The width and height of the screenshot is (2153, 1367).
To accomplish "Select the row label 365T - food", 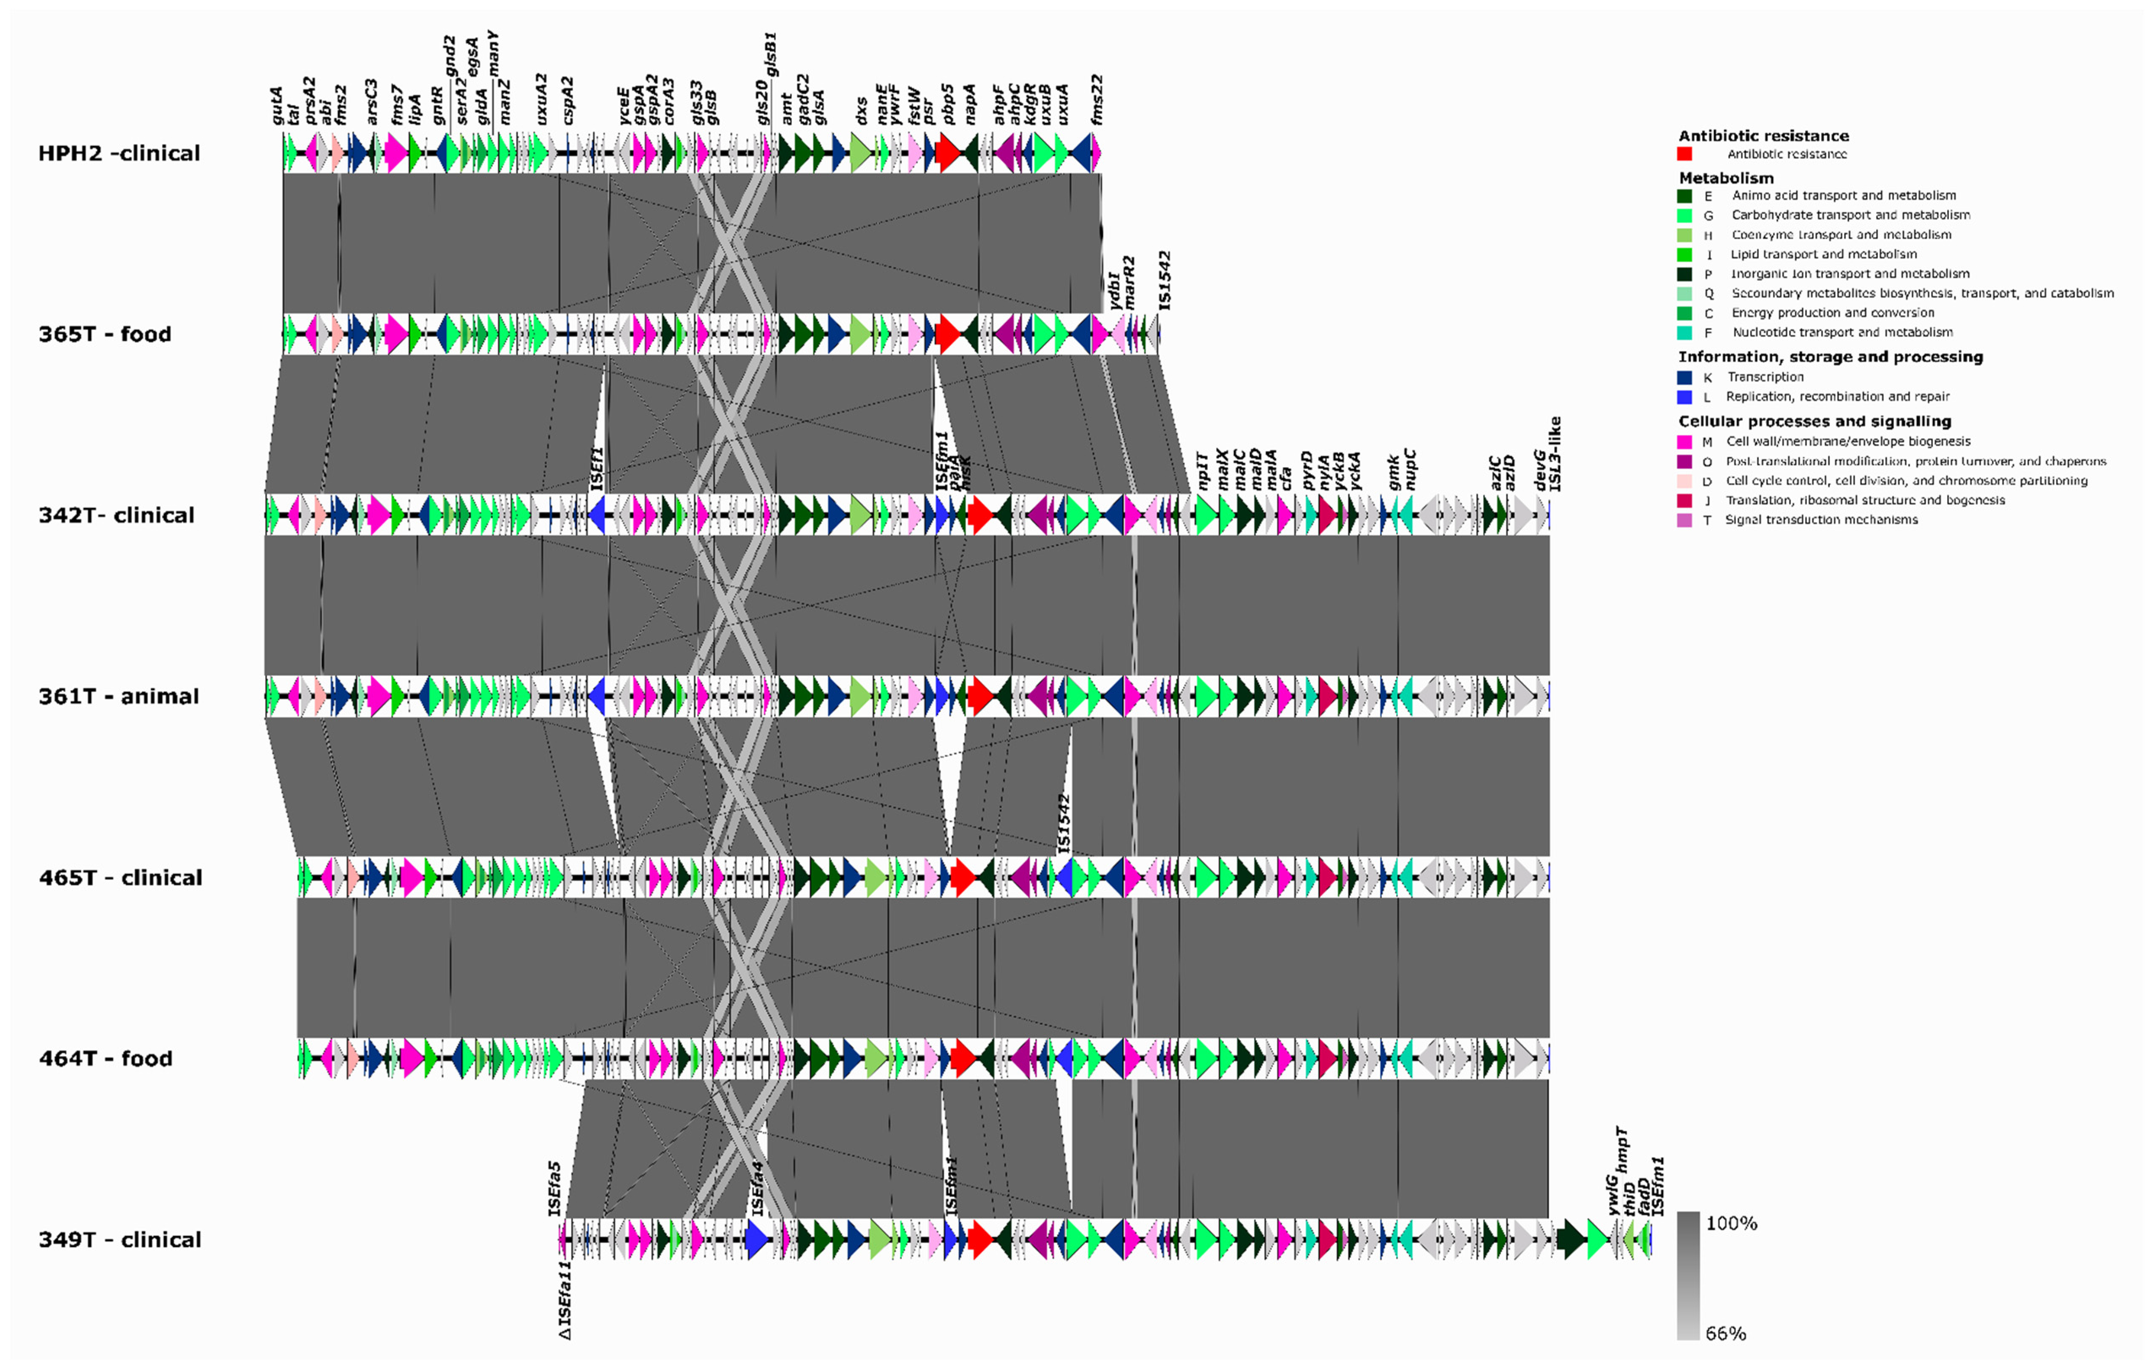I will click(x=105, y=335).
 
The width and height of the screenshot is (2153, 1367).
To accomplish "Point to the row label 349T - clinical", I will click(x=120, y=1239).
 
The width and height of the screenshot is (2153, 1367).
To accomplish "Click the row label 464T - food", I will click(x=106, y=1059).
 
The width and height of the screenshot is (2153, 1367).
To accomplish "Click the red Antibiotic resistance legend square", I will click(x=1684, y=154).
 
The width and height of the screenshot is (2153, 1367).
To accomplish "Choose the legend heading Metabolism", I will click(x=1726, y=178).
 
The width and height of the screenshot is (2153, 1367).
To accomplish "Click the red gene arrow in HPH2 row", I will click(x=949, y=154).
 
